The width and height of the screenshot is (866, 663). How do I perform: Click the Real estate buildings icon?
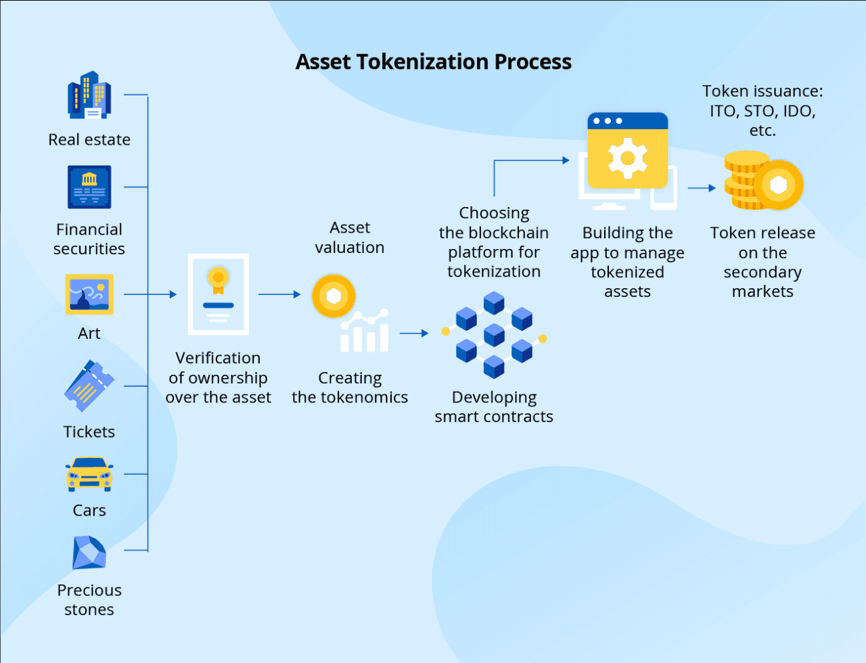click(89, 95)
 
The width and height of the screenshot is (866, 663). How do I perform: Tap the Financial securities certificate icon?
click(89, 187)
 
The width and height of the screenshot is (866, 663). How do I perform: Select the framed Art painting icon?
click(89, 294)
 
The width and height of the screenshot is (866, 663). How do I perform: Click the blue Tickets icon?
click(89, 386)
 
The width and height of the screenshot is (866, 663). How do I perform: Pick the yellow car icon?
click(89, 474)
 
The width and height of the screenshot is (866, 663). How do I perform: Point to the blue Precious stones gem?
click(89, 553)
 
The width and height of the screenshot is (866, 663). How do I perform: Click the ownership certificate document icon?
click(218, 294)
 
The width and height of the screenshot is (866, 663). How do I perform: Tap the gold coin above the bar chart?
click(334, 296)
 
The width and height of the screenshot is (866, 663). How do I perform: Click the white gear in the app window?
click(627, 158)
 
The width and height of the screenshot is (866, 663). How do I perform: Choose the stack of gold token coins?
click(762, 181)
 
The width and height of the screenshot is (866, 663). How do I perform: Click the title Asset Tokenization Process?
click(433, 62)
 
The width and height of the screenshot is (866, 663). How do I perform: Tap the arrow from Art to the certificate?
click(150, 294)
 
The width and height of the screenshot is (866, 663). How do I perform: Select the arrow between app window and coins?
click(702, 188)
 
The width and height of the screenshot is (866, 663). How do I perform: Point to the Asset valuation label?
click(350, 237)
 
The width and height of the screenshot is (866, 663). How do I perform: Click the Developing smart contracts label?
click(494, 407)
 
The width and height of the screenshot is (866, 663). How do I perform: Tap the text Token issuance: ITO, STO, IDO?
click(762, 110)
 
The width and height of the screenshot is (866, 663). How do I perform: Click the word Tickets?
click(89, 432)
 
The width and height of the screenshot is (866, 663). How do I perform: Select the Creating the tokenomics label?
click(350, 388)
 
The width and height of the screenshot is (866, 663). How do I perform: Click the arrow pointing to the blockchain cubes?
click(414, 333)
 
